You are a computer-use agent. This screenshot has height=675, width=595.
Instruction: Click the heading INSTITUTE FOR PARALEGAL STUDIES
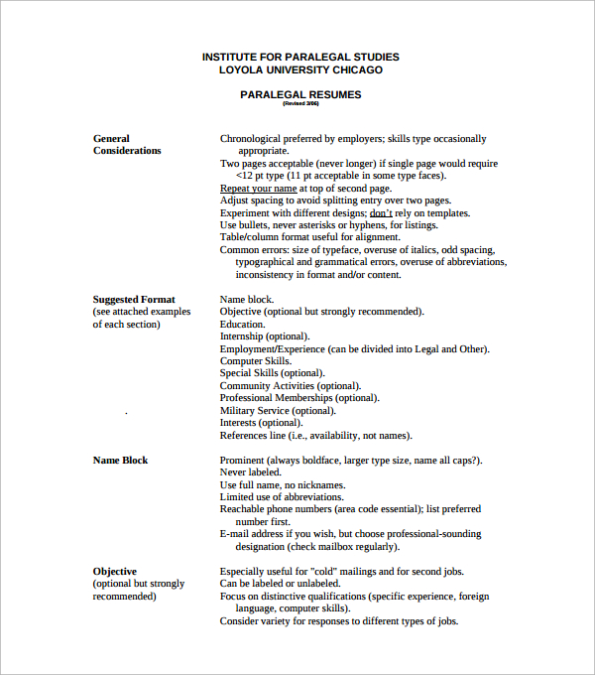300,57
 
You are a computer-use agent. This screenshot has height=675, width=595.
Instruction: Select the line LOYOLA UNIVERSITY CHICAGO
300,69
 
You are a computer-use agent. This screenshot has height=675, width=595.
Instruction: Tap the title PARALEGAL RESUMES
300,94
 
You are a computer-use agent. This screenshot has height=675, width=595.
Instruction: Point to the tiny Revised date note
300,103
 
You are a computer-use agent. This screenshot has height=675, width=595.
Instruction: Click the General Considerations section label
127,145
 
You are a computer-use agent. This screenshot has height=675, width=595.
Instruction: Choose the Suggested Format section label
134,299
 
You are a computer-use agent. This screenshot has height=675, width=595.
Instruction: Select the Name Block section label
120,460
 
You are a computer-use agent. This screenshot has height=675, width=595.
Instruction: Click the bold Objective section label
115,571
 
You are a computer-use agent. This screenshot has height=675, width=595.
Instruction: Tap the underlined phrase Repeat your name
258,188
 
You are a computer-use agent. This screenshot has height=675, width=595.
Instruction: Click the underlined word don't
381,212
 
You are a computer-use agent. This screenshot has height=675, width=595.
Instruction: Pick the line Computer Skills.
256,361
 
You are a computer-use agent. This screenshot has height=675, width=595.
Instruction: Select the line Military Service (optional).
278,410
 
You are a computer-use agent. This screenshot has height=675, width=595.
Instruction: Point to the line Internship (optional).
264,337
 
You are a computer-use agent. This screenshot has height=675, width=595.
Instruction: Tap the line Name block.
246,299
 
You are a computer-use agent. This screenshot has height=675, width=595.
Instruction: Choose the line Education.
242,324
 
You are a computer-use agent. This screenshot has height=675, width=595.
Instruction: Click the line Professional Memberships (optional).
298,398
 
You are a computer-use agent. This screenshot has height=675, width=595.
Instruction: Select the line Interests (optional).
260,423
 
